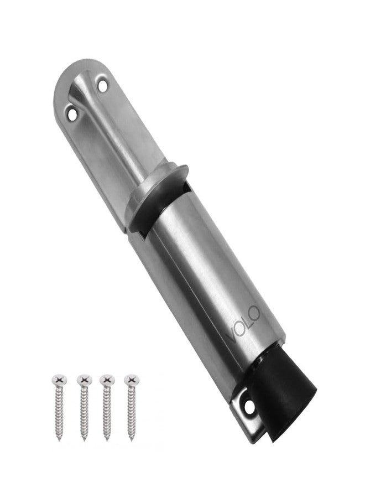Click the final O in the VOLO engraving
[x=254, y=313]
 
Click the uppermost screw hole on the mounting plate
[x=102, y=86]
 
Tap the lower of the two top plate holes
[x=72, y=114]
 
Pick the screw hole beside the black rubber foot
[x=249, y=407]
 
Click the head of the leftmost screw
[x=59, y=379]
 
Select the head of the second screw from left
[x=85, y=379]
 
